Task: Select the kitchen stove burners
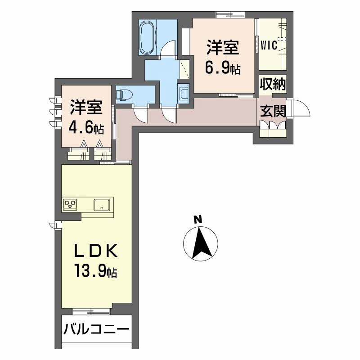[70, 204]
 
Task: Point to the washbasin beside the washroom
[184, 93]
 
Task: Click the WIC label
[270, 45]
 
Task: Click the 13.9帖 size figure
[96, 271]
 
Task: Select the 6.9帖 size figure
[222, 68]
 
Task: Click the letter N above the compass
[197, 220]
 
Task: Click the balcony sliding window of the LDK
[91, 310]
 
